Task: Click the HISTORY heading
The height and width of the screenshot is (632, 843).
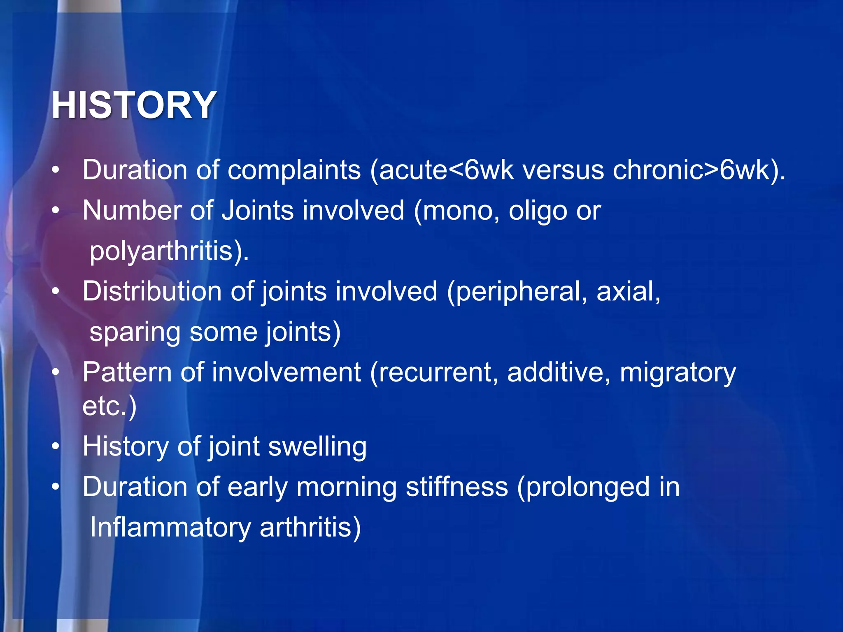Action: (134, 105)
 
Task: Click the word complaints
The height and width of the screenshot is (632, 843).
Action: (294, 170)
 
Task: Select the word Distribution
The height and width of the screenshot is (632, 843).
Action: (151, 291)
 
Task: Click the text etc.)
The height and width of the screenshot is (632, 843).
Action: (109, 407)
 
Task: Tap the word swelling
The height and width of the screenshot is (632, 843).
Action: (317, 447)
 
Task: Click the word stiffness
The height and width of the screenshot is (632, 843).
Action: (457, 487)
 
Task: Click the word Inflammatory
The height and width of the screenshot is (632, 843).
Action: (170, 527)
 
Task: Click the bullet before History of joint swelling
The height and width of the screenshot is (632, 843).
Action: (56, 446)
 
